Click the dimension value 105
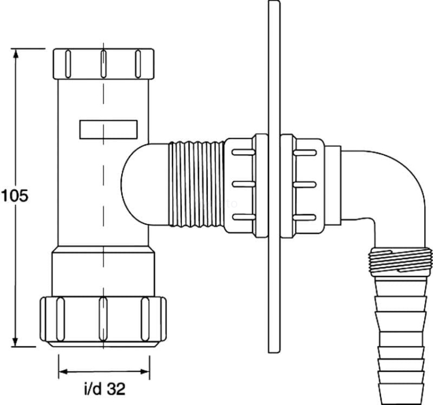(x=14, y=196)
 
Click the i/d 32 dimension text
(x=104, y=390)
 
